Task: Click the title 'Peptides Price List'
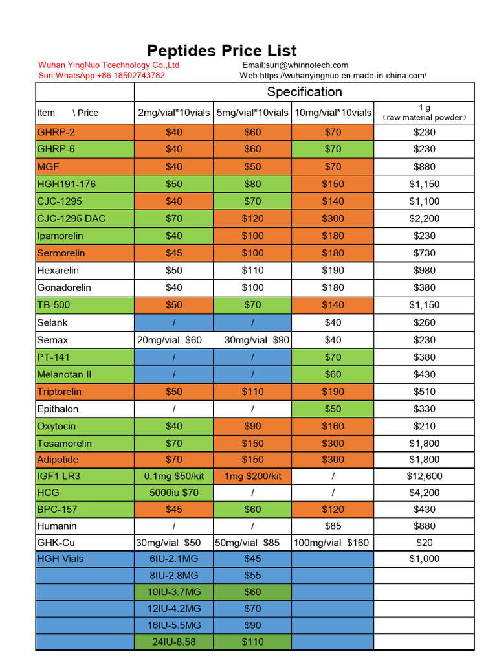point(221,51)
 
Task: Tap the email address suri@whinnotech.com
point(307,65)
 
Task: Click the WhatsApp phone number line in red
point(102,76)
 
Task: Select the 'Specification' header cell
point(304,92)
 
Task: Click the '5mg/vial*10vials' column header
point(252,113)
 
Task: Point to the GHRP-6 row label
point(56,149)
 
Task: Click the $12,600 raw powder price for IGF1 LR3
point(425,476)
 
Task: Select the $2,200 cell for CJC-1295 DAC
point(425,219)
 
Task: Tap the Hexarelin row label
point(58,270)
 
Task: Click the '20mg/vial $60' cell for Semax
point(169,340)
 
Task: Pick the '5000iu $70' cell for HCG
point(173,493)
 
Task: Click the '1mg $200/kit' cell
point(253,476)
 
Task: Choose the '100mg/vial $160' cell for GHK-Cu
point(331,543)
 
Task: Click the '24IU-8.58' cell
point(173,642)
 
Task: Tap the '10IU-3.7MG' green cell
point(173,592)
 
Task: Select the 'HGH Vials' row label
point(60,559)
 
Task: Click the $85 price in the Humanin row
point(333,526)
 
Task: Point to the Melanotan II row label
point(64,375)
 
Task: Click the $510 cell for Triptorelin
point(425,392)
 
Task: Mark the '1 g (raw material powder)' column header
point(425,113)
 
